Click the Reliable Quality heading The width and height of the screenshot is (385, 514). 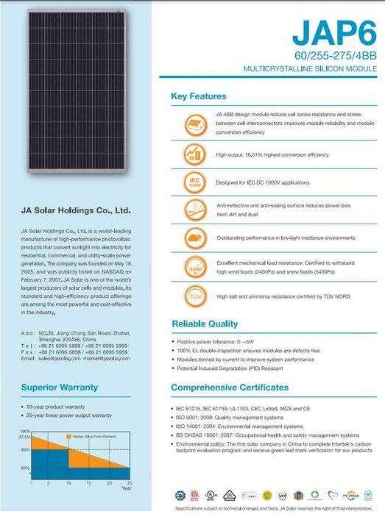[205, 324]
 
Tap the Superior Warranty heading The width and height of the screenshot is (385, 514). [60, 386]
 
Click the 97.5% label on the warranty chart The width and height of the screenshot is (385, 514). [25, 437]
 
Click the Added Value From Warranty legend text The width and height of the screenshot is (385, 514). [95, 437]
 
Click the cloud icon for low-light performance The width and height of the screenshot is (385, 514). [194, 239]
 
